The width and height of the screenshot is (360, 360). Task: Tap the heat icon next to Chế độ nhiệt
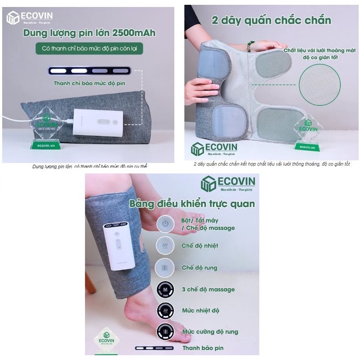pos(165,246)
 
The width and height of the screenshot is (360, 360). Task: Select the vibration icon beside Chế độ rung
pos(165,267)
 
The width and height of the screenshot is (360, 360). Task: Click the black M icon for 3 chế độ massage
pos(165,289)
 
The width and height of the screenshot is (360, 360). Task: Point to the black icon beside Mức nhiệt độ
pos(165,310)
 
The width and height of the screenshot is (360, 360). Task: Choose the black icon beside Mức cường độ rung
pos(165,331)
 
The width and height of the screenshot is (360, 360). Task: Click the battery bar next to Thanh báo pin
pos(154,348)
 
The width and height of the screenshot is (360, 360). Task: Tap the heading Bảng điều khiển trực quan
pos(192,204)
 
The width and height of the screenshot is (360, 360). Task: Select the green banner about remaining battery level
pos(89,48)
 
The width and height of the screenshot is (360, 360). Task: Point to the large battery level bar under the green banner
pos(89,70)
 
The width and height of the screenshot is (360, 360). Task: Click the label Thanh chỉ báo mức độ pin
pos(89,83)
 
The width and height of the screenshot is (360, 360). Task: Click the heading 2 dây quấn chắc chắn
pos(271,20)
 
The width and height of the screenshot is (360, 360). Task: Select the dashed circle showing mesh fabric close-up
pos(320,85)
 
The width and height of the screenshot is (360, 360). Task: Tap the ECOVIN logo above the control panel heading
pos(228,183)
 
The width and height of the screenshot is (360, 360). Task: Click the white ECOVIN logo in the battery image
pos(29,18)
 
